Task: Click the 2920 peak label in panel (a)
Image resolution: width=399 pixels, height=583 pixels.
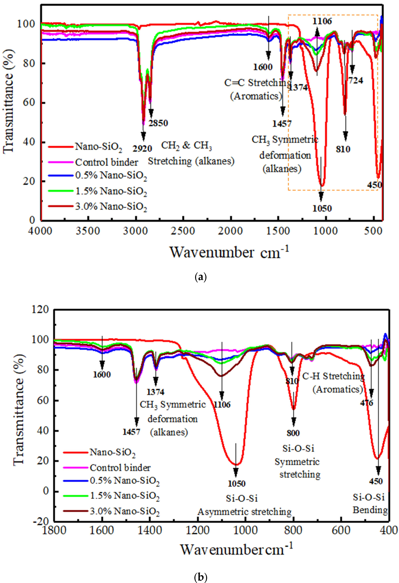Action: coord(142,149)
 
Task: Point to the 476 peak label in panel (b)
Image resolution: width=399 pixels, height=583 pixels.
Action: coord(367,403)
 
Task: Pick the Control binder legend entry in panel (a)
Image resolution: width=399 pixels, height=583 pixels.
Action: coord(106,162)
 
